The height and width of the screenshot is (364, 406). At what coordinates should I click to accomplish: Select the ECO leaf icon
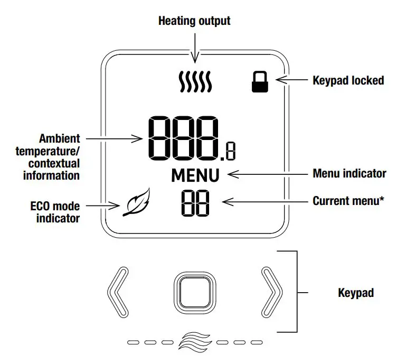(x=136, y=204)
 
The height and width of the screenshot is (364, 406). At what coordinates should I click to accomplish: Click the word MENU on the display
(x=198, y=175)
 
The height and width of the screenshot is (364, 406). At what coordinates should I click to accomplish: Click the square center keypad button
(x=194, y=292)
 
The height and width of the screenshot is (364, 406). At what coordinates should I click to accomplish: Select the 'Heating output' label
(x=194, y=21)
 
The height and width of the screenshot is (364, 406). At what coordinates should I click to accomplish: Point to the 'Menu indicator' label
(x=350, y=173)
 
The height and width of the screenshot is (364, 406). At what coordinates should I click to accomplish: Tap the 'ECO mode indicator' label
(x=54, y=211)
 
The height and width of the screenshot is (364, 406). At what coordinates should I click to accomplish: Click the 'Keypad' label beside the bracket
(x=355, y=292)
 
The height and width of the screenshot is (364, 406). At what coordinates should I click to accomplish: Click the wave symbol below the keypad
(x=195, y=342)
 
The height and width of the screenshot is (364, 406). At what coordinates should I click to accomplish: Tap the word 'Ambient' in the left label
(x=60, y=138)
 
